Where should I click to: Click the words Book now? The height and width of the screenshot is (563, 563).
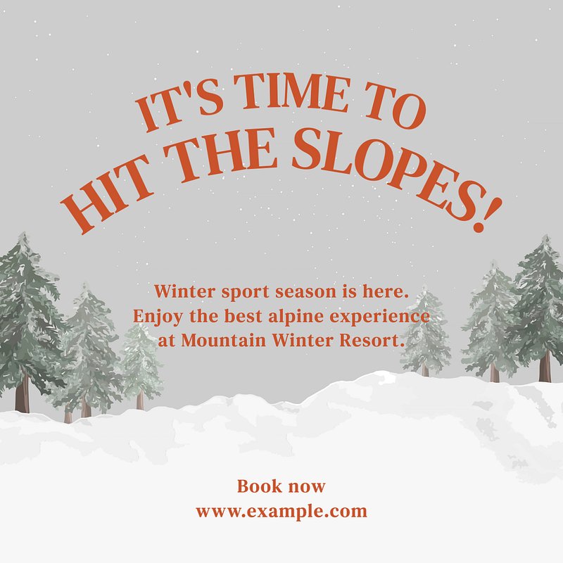pyautogui.click(x=281, y=486)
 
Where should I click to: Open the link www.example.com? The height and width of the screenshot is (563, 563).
pyautogui.click(x=281, y=512)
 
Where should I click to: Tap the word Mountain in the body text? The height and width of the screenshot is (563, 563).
pyautogui.click(x=224, y=340)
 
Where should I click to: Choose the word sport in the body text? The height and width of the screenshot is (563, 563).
pyautogui.click(x=245, y=292)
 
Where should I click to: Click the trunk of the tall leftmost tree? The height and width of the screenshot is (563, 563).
pyautogui.click(x=23, y=393)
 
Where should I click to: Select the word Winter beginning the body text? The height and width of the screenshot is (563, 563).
pyautogui.click(x=184, y=291)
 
